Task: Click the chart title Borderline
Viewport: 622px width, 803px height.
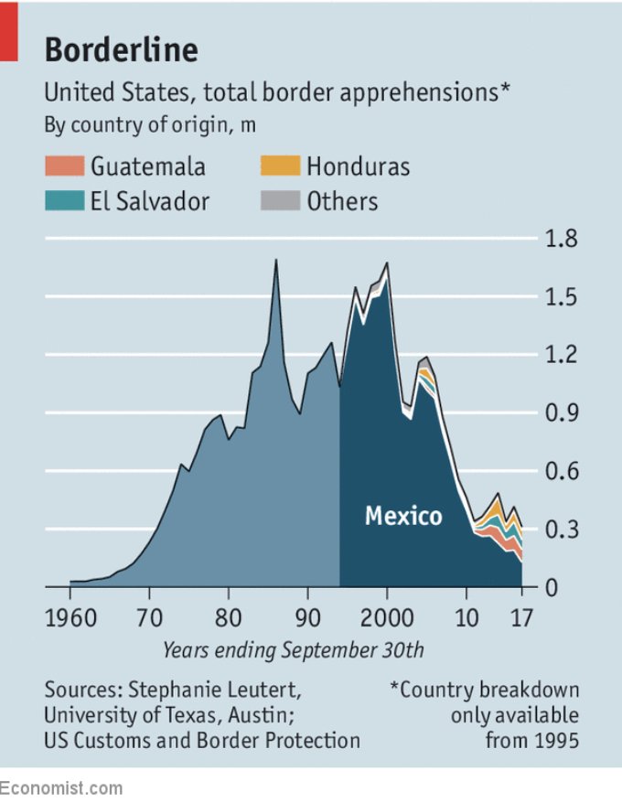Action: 122,49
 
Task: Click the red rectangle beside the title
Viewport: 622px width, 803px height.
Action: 9,31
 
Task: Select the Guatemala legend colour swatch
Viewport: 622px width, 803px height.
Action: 65,166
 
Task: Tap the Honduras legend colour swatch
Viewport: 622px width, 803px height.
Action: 280,166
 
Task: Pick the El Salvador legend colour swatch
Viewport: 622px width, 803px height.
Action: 65,201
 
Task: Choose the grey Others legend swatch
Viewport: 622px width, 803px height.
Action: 280,201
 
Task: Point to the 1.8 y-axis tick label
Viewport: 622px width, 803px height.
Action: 561,239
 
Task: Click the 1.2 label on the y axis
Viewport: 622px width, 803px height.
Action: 561,354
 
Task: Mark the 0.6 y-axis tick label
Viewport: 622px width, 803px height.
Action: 561,471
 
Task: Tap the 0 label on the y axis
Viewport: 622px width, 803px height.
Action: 552,587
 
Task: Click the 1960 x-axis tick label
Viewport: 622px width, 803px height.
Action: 70,617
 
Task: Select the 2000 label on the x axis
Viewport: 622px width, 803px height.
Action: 387,617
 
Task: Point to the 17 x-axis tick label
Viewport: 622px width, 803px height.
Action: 521,617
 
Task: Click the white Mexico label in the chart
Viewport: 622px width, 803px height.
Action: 403,515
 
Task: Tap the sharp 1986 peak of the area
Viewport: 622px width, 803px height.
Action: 276,260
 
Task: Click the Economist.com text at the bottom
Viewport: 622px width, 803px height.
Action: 61,787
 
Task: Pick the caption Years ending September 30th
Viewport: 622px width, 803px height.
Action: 293,650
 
